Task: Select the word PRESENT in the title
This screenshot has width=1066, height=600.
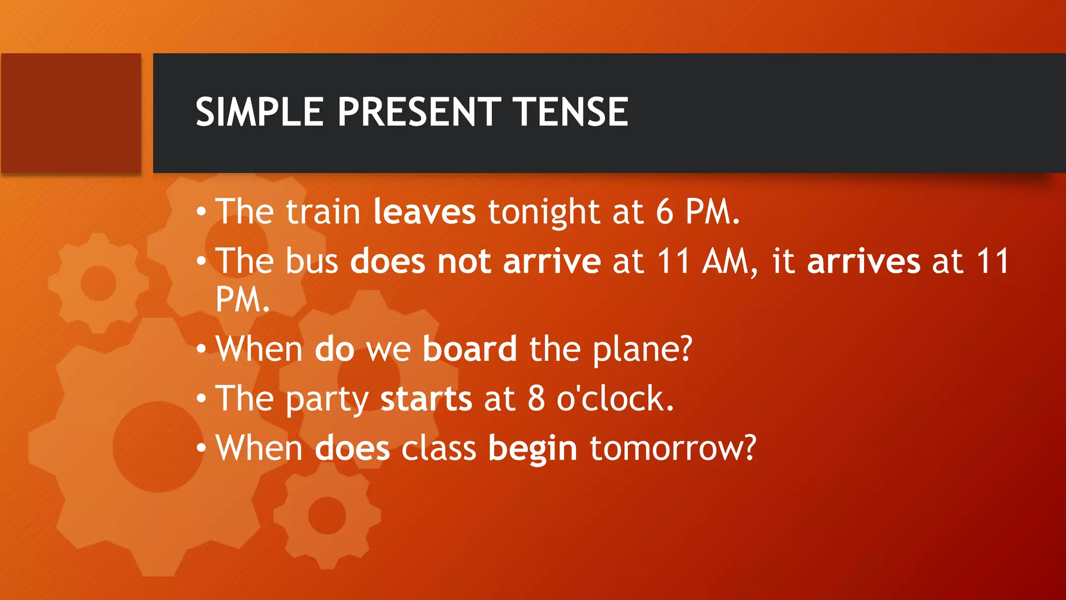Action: pos(418,112)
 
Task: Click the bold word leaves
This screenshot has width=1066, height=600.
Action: pos(424,212)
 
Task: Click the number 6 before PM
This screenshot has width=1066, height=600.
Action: pos(664,212)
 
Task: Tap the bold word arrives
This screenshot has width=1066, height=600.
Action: pos(863,261)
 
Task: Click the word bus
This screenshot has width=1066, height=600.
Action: pos(312,261)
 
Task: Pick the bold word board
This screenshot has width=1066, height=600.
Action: pos(469,348)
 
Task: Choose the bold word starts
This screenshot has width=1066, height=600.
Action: pos(426,399)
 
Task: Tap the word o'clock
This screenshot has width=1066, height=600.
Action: pos(615,399)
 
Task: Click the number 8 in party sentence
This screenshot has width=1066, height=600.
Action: pos(536,399)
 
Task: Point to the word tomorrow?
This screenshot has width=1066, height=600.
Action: pos(672,448)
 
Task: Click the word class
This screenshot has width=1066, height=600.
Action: pos(438,448)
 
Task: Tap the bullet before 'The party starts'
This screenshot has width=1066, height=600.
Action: pos(201,399)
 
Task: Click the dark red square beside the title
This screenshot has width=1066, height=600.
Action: pos(71,113)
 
